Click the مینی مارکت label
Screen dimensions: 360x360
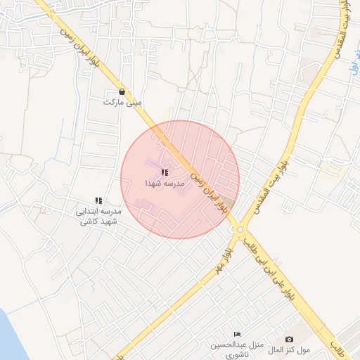[x=122, y=103]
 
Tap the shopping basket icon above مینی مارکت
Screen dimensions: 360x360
[x=122, y=92]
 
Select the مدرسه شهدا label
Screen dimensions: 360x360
[x=164, y=183]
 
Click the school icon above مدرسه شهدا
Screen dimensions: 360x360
[x=165, y=172]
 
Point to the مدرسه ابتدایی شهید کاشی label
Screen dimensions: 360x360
[x=99, y=216]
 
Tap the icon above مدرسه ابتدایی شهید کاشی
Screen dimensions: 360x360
[x=99, y=201]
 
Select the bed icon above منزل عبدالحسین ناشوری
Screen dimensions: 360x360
[x=237, y=334]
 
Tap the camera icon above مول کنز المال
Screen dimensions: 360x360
[x=289, y=340]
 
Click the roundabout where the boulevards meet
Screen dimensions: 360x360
[x=240, y=229]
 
